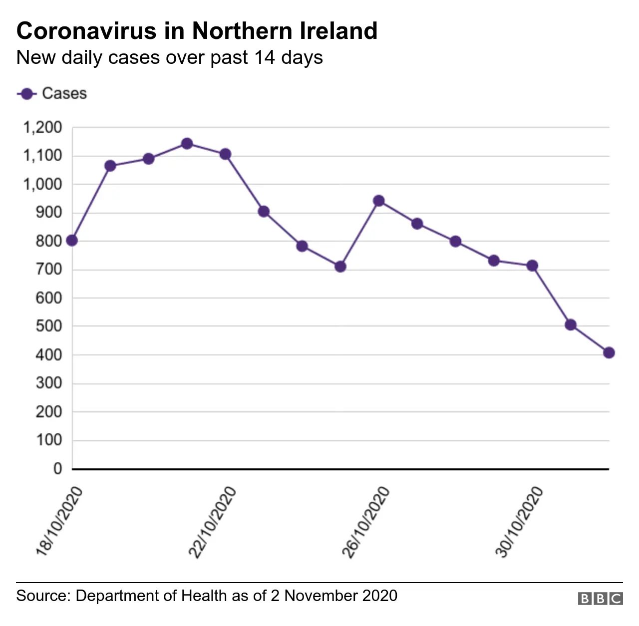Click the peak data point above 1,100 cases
click(x=187, y=144)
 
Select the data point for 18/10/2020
click(x=72, y=241)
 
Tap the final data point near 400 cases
click(x=609, y=353)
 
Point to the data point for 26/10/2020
click(x=379, y=201)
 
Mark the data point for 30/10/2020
click(x=532, y=266)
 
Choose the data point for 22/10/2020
click(x=225, y=154)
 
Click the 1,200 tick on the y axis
click(x=42, y=128)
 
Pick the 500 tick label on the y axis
click(x=48, y=326)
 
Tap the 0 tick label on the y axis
click(x=58, y=469)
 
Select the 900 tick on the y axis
click(x=48, y=213)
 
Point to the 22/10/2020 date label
click(x=212, y=522)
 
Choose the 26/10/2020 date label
click(x=365, y=522)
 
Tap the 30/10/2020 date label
click(x=519, y=522)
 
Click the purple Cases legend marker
click(x=27, y=94)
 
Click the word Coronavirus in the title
click(x=86, y=31)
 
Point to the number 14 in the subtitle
click(x=264, y=57)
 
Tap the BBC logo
click(x=600, y=599)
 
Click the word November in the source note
click(x=321, y=596)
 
